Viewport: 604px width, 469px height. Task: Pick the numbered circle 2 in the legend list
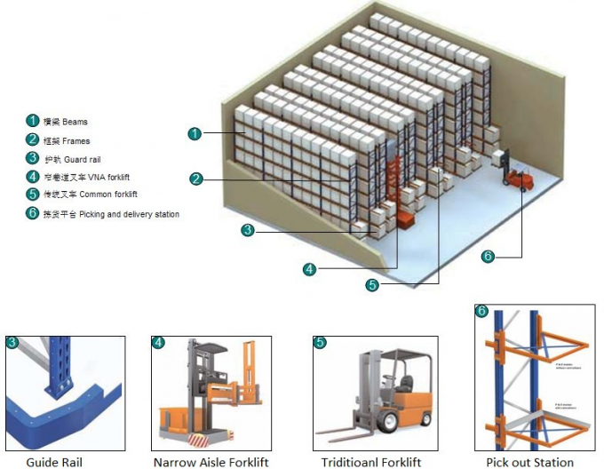click(32, 139)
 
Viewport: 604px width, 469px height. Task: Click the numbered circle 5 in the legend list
click(32, 195)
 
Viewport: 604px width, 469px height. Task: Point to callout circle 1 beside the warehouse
click(195, 133)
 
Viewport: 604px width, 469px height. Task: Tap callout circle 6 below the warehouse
click(487, 257)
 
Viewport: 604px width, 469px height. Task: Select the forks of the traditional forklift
click(342, 433)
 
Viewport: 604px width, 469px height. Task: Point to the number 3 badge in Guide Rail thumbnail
click(12, 342)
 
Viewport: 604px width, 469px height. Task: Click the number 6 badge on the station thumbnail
click(481, 311)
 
